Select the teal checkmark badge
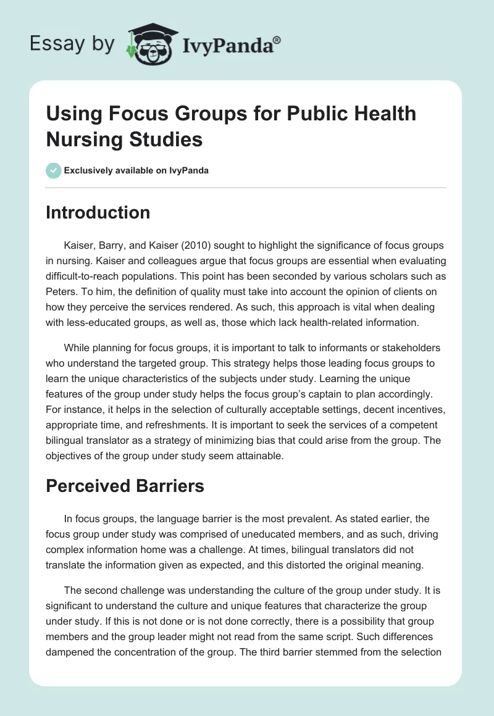(x=54, y=170)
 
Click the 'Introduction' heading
(x=98, y=212)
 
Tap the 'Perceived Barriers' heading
(x=125, y=486)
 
